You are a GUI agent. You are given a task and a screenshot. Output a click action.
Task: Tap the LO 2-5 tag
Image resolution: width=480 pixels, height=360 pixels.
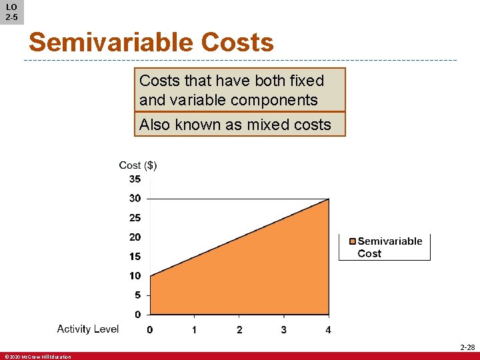pyautogui.click(x=11, y=11)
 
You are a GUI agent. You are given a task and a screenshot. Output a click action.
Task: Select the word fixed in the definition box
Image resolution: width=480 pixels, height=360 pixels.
pyautogui.click(x=307, y=81)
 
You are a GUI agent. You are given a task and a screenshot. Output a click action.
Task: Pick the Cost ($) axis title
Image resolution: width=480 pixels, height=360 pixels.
pyautogui.click(x=138, y=165)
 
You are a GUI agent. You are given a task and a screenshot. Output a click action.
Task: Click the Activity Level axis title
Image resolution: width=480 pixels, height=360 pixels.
pyautogui.click(x=88, y=329)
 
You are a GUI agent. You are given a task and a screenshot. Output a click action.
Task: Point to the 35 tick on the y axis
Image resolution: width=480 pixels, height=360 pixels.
pyautogui.click(x=135, y=179)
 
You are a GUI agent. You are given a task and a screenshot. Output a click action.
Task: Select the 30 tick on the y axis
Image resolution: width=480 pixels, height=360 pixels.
pyautogui.click(x=135, y=198)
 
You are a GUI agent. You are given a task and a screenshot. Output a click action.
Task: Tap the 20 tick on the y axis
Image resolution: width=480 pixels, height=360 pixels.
pyautogui.click(x=135, y=237)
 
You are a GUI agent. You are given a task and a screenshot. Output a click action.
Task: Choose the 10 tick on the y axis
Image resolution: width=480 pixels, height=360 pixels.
pyautogui.click(x=135, y=275)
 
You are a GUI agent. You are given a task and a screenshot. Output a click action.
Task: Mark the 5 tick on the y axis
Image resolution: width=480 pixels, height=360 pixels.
pyautogui.click(x=137, y=295)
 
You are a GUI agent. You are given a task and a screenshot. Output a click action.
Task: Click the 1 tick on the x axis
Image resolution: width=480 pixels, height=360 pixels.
pyautogui.click(x=194, y=329)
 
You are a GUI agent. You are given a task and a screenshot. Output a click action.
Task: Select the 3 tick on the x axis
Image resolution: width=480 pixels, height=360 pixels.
pyautogui.click(x=284, y=329)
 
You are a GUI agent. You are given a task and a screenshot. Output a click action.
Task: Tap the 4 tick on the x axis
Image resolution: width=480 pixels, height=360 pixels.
pyautogui.click(x=328, y=329)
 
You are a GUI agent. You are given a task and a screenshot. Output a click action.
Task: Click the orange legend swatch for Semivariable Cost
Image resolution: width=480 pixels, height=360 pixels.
pyautogui.click(x=353, y=241)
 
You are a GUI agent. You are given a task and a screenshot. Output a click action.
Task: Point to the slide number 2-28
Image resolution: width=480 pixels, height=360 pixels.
pyautogui.click(x=467, y=347)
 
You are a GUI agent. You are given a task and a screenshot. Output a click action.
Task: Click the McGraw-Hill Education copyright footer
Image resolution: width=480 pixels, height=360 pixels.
pyautogui.click(x=37, y=357)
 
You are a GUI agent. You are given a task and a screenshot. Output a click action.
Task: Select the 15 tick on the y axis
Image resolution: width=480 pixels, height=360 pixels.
pyautogui.click(x=135, y=256)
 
